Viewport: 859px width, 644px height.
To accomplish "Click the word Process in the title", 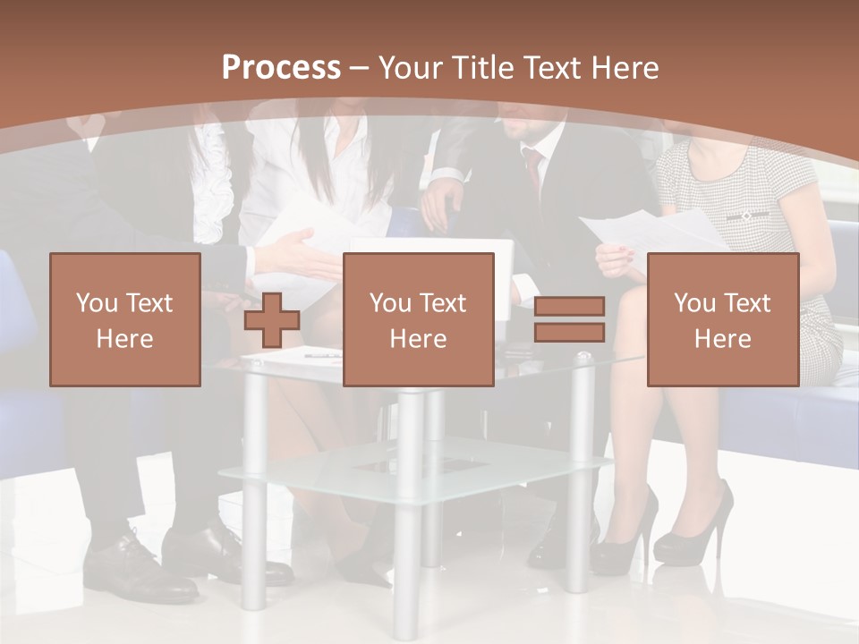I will click(281, 67).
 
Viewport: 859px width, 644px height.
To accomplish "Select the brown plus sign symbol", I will click(272, 320).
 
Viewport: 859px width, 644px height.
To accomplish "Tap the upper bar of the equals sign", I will click(569, 307).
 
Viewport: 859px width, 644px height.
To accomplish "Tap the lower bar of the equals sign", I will click(569, 333).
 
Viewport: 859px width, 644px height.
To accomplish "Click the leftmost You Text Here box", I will click(125, 320).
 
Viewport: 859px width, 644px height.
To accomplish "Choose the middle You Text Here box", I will click(419, 320).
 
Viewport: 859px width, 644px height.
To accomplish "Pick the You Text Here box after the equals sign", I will click(723, 320).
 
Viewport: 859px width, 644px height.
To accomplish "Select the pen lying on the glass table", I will click(322, 355).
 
